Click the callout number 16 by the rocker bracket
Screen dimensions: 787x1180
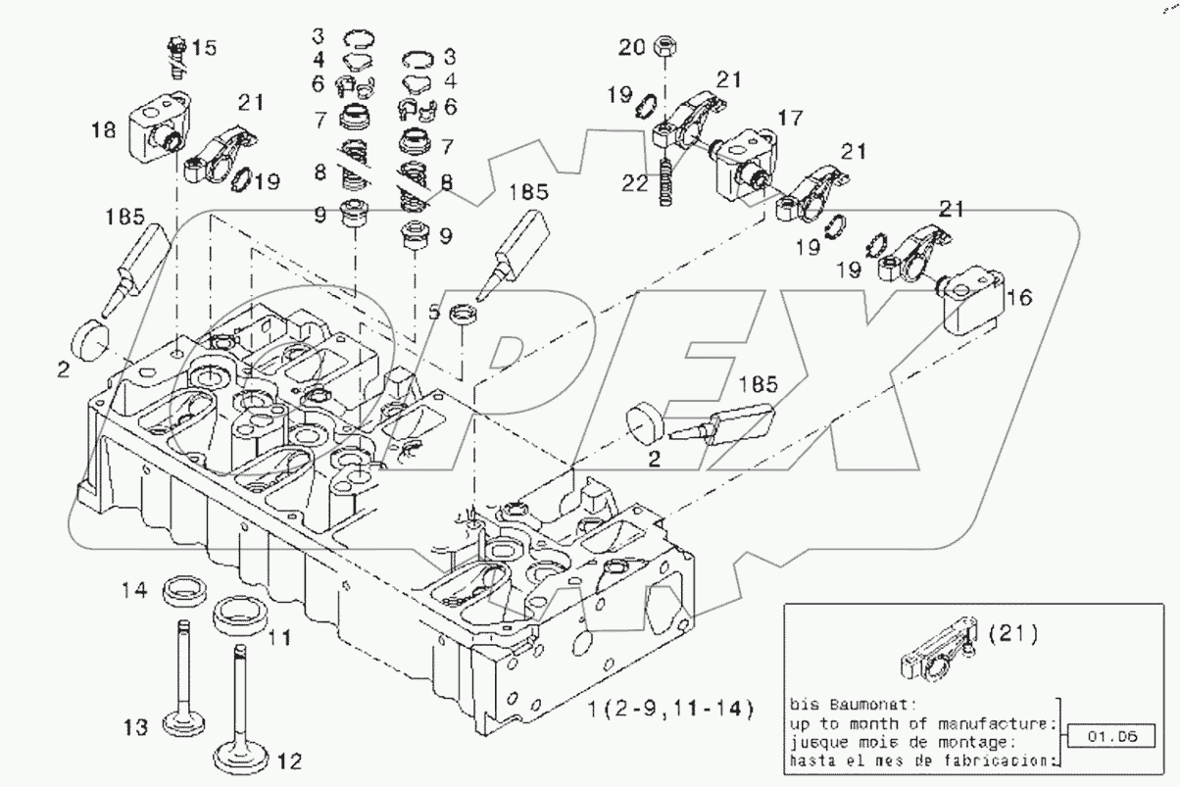[1019, 297]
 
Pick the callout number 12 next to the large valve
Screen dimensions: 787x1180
[289, 759]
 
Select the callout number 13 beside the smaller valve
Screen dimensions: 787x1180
[134, 726]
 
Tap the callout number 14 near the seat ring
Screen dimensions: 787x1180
[133, 590]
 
